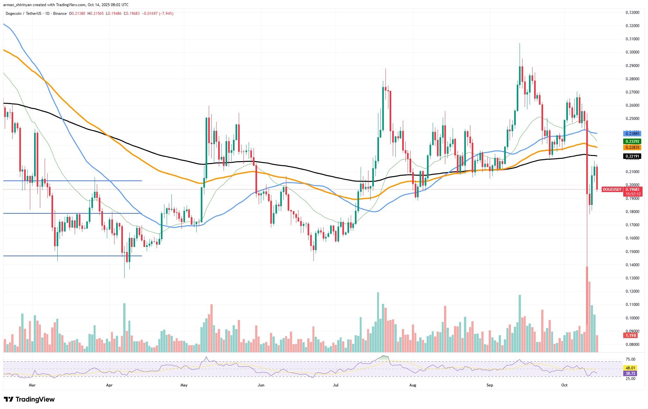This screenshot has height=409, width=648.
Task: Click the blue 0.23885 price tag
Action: click(632, 133)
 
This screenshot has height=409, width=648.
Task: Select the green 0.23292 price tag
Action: click(632, 141)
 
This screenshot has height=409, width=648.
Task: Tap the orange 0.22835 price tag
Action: click(632, 147)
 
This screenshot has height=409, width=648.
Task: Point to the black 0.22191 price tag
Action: click(632, 156)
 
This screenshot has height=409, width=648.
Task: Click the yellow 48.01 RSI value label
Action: click(630, 368)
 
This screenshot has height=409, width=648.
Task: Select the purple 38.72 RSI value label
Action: click(630, 373)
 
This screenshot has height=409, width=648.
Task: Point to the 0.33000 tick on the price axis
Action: click(630, 13)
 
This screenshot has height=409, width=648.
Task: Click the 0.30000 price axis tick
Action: click(630, 52)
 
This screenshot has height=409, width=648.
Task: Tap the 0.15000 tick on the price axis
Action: click(630, 252)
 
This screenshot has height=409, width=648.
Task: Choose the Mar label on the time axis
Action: click(32, 385)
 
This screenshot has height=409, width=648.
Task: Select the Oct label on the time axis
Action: click(564, 385)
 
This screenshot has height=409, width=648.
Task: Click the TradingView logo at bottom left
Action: click(29, 399)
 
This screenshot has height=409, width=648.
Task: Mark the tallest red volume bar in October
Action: click(587, 309)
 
